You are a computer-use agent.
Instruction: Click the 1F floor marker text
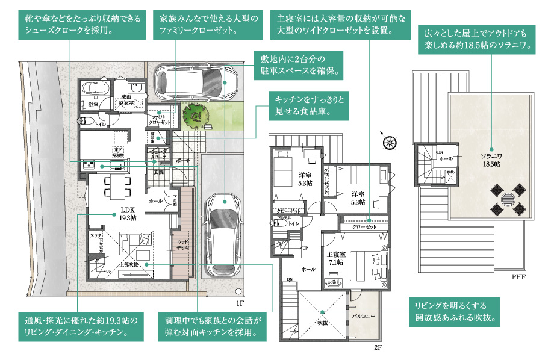pyautogui.click(x=240, y=305)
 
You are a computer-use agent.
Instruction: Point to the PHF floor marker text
pyautogui.click(x=518, y=278)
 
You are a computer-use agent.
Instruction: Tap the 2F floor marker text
pyautogui.click(x=378, y=348)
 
